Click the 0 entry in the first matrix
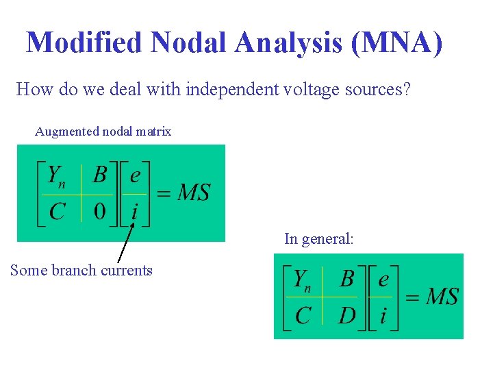[100, 211]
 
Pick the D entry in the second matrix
[347, 316]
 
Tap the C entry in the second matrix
[303, 316]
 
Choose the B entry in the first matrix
[100, 176]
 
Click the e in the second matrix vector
[383, 280]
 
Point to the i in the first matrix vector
[134, 212]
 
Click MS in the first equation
[193, 193]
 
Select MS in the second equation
[442, 297]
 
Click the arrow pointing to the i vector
[125, 243]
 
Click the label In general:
[319, 239]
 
